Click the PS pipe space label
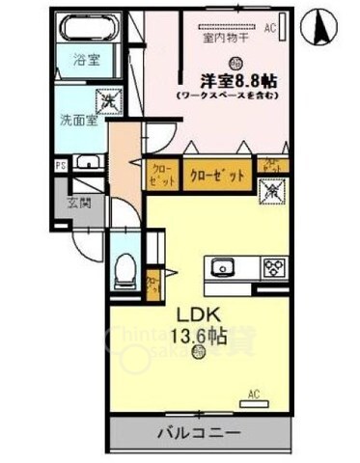[60, 164]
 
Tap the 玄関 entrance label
[78, 204]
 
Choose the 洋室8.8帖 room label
[228, 81]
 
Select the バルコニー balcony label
[201, 432]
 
